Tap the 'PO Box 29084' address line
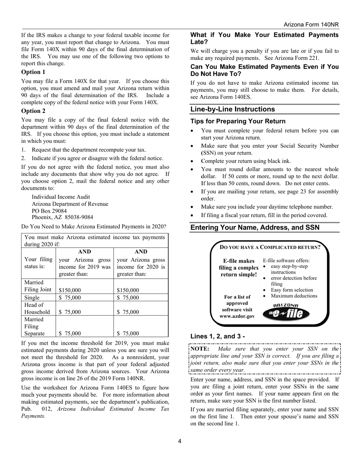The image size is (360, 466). pos(49,211)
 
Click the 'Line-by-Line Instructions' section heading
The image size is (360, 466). pos(232,109)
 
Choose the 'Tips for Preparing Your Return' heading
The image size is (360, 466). pos(238,121)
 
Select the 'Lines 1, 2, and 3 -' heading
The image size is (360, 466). pos(218,336)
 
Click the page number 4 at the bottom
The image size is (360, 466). pos(180,441)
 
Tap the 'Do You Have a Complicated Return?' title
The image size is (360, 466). pos(270,247)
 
